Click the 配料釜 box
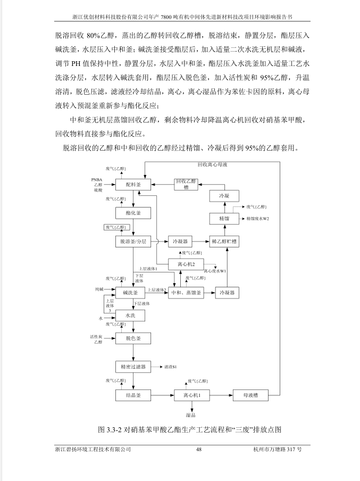[133, 185]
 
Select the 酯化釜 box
[133, 213]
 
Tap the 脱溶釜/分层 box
[133, 242]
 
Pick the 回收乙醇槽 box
[186, 184]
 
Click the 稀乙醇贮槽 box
[224, 242]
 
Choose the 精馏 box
[224, 218]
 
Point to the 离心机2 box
[186, 264]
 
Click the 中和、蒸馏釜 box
[186, 293]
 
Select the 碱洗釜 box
[130, 293]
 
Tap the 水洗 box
[130, 316]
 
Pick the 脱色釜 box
[133, 338]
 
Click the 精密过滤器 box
[133, 367]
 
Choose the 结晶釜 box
[133, 395]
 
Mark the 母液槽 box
[250, 395]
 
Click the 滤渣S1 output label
[171, 367]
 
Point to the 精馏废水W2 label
[257, 219]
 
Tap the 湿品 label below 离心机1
[191, 415]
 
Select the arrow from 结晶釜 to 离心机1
[163, 395]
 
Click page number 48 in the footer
[199, 450]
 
